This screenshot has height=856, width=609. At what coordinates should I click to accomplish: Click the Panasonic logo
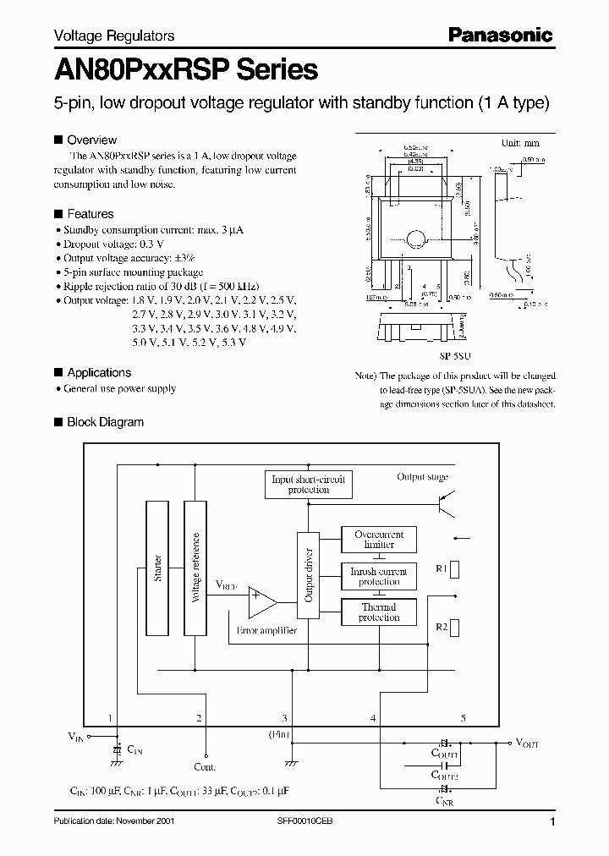click(499, 35)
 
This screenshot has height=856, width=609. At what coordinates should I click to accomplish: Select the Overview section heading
click(91, 140)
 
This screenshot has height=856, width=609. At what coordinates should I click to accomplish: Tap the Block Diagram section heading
click(105, 422)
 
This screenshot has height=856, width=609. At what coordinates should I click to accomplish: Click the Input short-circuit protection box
click(308, 485)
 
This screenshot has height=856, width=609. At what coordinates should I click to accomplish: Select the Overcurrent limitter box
click(379, 540)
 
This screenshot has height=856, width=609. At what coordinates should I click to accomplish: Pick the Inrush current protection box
click(379, 576)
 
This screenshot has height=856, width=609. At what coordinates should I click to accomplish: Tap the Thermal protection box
click(379, 612)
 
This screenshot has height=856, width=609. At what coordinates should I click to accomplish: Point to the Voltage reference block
click(195, 568)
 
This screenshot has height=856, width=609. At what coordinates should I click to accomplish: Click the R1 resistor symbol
click(455, 568)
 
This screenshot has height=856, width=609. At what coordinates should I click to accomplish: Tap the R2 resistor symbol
click(455, 627)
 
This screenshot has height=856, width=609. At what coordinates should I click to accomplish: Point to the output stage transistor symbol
click(445, 505)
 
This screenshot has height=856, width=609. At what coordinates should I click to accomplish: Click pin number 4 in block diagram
click(373, 718)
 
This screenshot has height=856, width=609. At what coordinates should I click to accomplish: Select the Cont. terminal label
click(206, 767)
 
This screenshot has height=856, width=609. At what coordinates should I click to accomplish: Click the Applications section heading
click(99, 372)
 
